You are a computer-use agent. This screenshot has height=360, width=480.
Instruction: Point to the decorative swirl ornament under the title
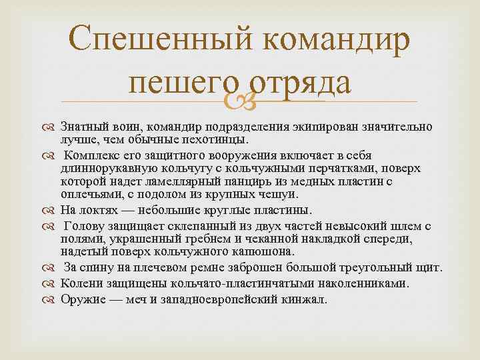click(x=240, y=102)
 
